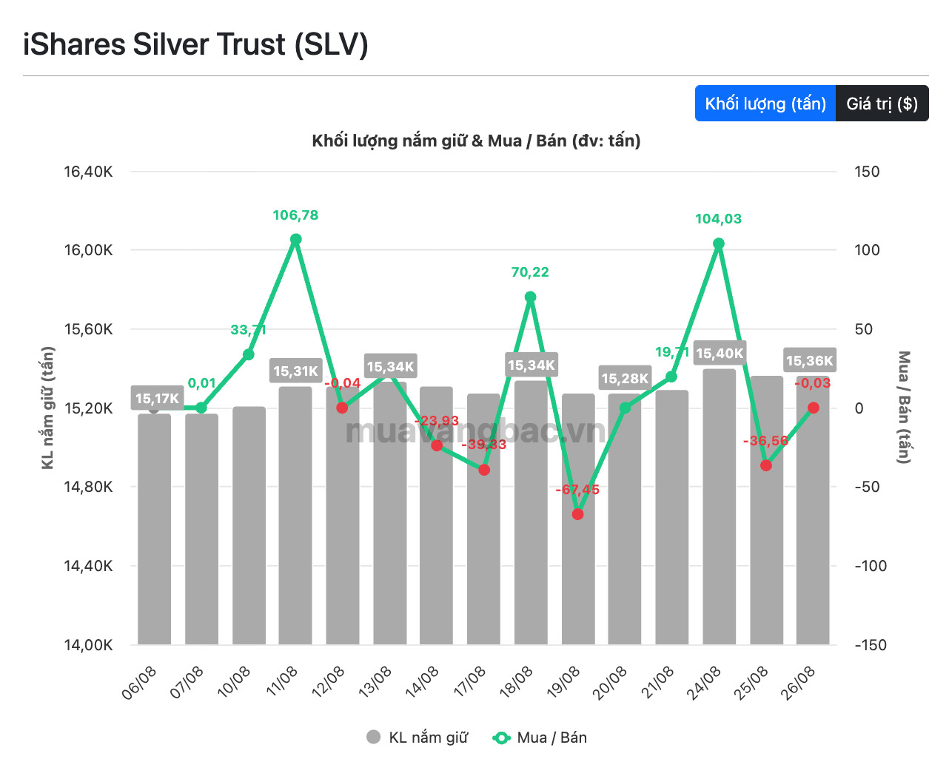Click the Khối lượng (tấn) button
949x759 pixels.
coord(765,103)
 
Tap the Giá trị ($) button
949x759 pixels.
coord(882,103)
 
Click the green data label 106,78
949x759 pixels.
coord(295,215)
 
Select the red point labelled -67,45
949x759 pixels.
coord(577,514)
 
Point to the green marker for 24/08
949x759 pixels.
coord(718,243)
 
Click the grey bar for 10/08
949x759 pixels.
coord(249,525)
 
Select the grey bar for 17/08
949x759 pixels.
coord(483,519)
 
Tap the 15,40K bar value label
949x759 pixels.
coord(720,353)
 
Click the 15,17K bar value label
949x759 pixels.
coord(157,399)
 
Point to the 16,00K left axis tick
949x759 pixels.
coord(88,250)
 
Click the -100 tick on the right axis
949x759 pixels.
coord(871,565)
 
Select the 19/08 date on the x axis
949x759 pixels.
coord(563,683)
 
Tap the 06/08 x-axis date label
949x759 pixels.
coord(139,683)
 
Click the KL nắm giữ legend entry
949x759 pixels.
coord(417,738)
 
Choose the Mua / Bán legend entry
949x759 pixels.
coord(540,738)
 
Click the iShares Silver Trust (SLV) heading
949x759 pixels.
coord(195,44)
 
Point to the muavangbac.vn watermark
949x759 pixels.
coord(475,431)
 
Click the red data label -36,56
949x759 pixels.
coord(765,440)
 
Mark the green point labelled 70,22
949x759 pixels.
coord(531,297)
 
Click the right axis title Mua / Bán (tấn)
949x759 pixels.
coord(904,408)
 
